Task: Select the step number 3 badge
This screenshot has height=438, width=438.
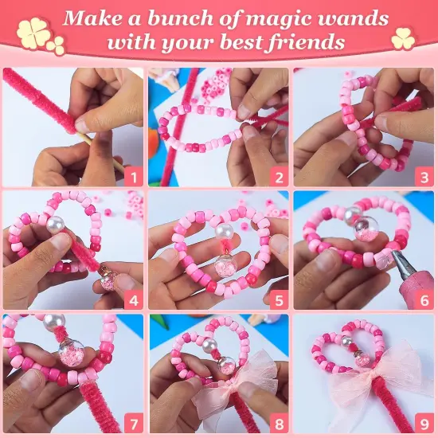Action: [x=424, y=176]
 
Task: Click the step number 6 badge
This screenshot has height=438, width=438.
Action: [x=424, y=300]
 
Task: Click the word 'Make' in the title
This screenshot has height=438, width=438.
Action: [x=92, y=18]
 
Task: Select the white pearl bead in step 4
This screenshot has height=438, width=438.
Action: [x=55, y=228]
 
